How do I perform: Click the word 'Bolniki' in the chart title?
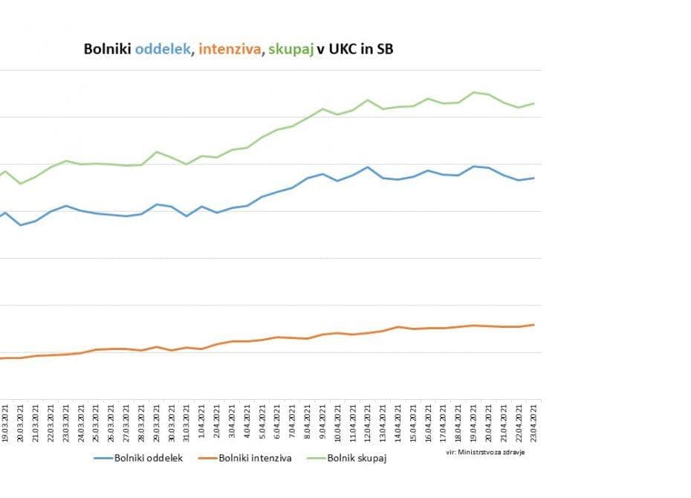[107, 50]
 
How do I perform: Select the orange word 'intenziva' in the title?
[230, 50]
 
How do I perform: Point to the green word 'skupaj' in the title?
[290, 50]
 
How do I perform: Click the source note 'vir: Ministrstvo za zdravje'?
[485, 452]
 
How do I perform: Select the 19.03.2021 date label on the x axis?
[5, 421]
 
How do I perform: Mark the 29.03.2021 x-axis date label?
[156, 421]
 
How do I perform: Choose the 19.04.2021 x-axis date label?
[473, 421]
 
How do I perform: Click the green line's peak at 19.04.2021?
[473, 92]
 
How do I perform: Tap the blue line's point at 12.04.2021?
[368, 167]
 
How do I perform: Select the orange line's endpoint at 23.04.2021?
[534, 325]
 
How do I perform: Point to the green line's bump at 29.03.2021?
[156, 152]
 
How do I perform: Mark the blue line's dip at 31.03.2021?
[186, 216]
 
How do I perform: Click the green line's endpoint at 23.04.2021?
[534, 103]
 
